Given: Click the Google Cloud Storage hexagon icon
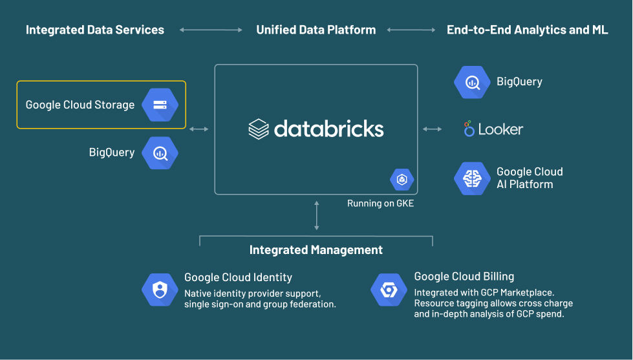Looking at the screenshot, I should [x=160, y=105].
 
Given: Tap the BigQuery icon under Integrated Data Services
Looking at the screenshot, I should [x=160, y=153].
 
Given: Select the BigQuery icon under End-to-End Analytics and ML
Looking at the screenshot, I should [x=472, y=82].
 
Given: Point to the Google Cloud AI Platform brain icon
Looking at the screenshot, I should [x=472, y=178].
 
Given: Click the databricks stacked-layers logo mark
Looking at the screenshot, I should [x=259, y=129].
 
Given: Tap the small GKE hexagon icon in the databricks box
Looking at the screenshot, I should [x=402, y=180].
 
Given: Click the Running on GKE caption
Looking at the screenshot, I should [x=380, y=204].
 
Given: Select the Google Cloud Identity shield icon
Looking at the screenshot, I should [x=160, y=290].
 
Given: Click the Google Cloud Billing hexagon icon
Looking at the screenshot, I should [x=389, y=290].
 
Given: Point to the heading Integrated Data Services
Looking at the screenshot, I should [x=95, y=30].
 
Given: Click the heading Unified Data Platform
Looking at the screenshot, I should [x=316, y=30].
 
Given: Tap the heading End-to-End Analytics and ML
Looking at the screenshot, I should [x=527, y=30].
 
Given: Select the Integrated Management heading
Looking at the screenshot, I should [x=316, y=250].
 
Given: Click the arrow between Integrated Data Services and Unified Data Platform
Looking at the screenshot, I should [x=210, y=30].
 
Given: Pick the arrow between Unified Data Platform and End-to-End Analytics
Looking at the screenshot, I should [x=411, y=30].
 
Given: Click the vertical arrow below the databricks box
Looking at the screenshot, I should [x=316, y=215].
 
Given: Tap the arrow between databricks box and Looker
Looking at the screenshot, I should [x=433, y=129].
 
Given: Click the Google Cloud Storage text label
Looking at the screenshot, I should [x=80, y=105].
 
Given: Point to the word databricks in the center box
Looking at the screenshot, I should [x=328, y=129].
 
